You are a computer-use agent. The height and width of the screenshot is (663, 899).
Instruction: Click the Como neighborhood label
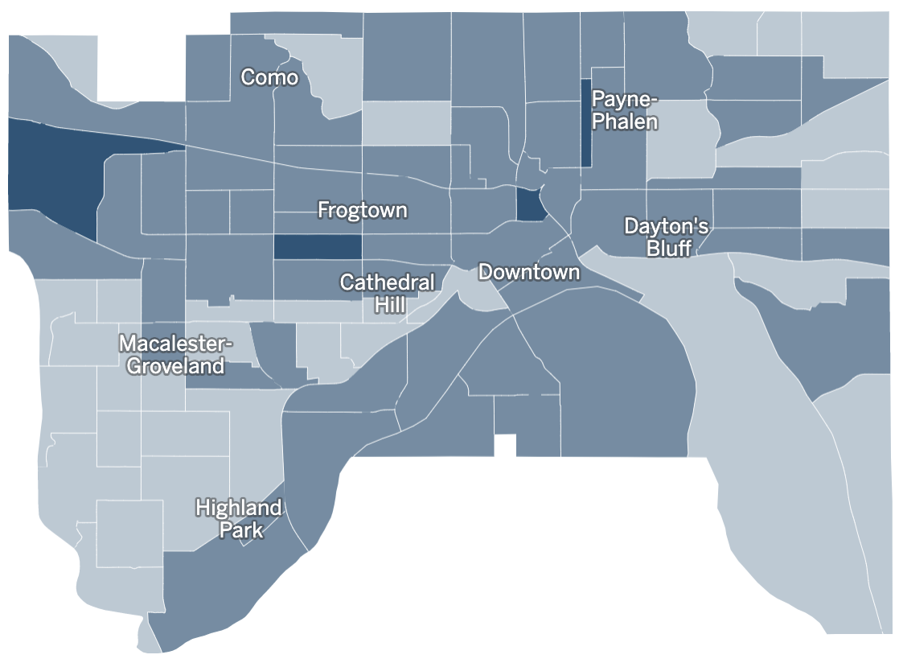pyautogui.click(x=269, y=78)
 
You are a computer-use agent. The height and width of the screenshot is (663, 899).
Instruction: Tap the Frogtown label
pyautogui.click(x=362, y=211)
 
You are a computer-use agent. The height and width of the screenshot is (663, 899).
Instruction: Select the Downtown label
pyautogui.click(x=528, y=272)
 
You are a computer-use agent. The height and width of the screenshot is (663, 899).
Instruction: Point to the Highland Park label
pyautogui.click(x=239, y=519)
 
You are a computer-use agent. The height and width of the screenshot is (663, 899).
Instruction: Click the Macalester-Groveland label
pyautogui.click(x=175, y=355)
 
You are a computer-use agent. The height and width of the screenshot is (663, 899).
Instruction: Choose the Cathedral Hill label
pyautogui.click(x=388, y=294)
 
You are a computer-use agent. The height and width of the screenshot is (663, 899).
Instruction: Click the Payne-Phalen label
pyautogui.click(x=625, y=110)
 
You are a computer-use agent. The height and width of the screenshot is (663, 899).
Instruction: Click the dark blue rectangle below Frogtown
pyautogui.click(x=317, y=247)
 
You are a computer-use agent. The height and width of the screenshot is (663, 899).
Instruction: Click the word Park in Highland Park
pyautogui.click(x=241, y=531)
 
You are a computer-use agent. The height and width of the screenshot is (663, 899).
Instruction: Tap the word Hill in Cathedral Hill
pyautogui.click(x=390, y=305)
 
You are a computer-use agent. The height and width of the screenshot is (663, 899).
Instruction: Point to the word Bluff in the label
pyautogui.click(x=668, y=248)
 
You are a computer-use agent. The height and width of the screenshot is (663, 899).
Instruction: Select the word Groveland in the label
pyautogui.click(x=174, y=367)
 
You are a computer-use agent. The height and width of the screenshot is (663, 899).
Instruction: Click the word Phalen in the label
pyautogui.click(x=625, y=122)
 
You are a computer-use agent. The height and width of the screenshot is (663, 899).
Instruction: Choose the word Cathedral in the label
pyautogui.click(x=388, y=282)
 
